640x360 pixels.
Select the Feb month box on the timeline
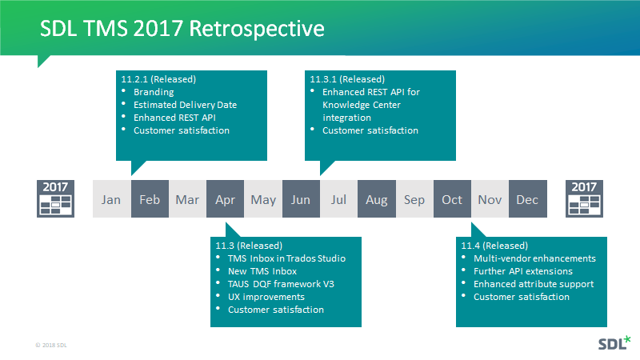coord(150,199)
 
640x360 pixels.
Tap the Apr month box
coord(225,199)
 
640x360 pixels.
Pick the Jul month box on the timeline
coord(338,199)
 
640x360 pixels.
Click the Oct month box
coord(452,199)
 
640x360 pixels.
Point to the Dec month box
coord(527,199)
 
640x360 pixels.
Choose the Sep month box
coord(414,199)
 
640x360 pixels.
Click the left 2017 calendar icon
coord(55,198)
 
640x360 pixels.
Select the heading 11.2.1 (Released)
coord(158,79)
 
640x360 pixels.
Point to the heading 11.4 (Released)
coord(494,246)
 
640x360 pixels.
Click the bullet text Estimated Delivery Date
coord(185,105)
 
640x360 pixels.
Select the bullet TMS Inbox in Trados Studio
coord(286,258)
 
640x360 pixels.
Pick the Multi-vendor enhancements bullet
coord(534,258)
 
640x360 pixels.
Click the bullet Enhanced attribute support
coord(534,284)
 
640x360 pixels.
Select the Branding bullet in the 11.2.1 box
coord(154,92)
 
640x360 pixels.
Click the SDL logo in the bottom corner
coord(614,344)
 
